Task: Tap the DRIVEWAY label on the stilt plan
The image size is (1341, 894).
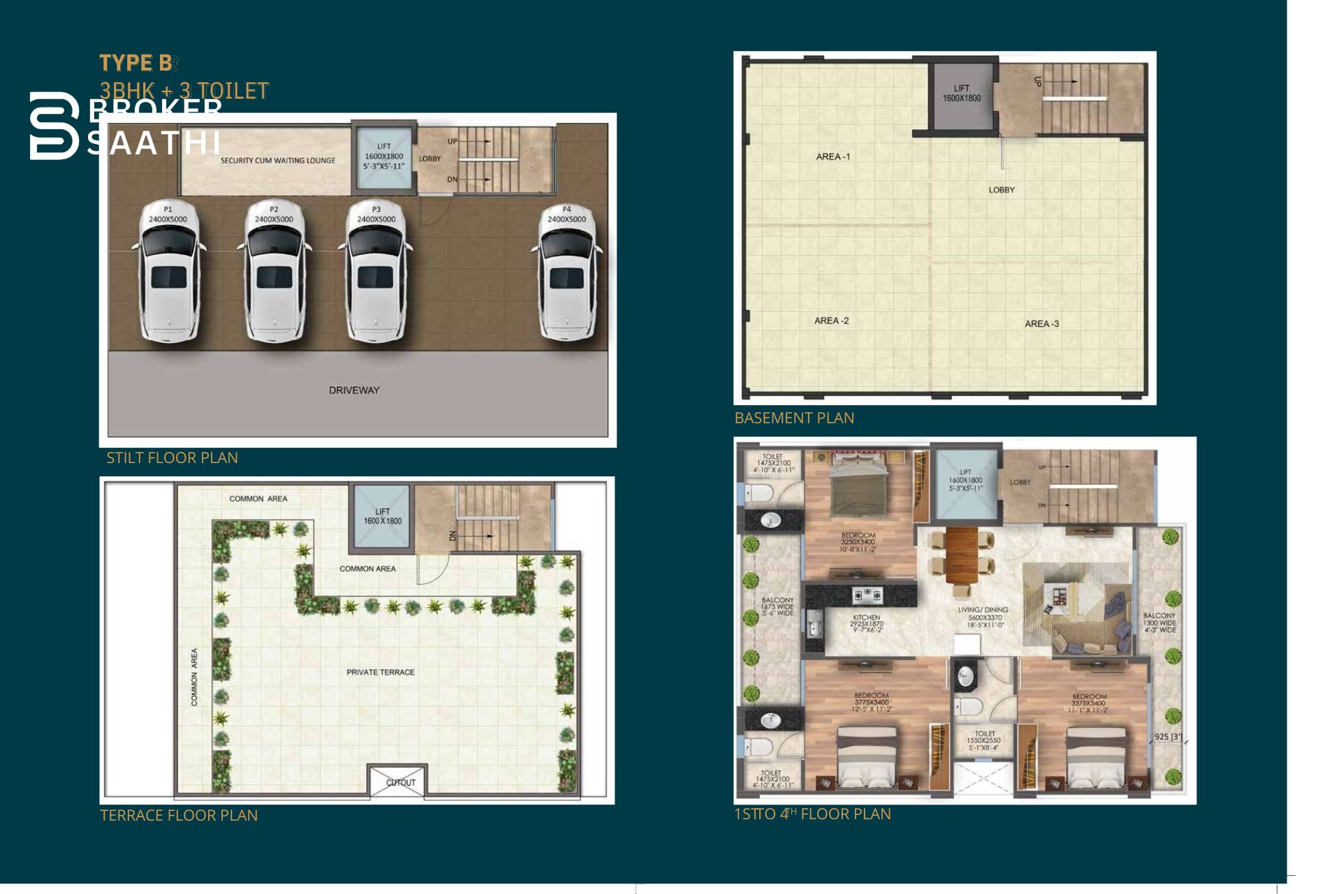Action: pyautogui.click(x=354, y=390)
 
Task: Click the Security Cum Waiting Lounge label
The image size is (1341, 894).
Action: pyautogui.click(x=278, y=161)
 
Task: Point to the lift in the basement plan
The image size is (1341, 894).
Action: pyautogui.click(x=962, y=94)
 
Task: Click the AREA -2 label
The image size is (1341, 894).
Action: pyautogui.click(x=831, y=321)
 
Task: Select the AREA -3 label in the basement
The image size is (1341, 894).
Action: pyautogui.click(x=1041, y=323)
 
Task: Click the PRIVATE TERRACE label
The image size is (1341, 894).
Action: pyautogui.click(x=381, y=672)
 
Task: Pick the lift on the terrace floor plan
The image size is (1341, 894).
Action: pyautogui.click(x=382, y=517)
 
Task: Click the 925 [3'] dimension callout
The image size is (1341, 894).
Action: pyautogui.click(x=1168, y=737)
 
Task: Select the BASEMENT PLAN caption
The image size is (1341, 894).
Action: pyautogui.click(x=794, y=418)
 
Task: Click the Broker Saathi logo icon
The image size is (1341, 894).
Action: pyautogui.click(x=54, y=126)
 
